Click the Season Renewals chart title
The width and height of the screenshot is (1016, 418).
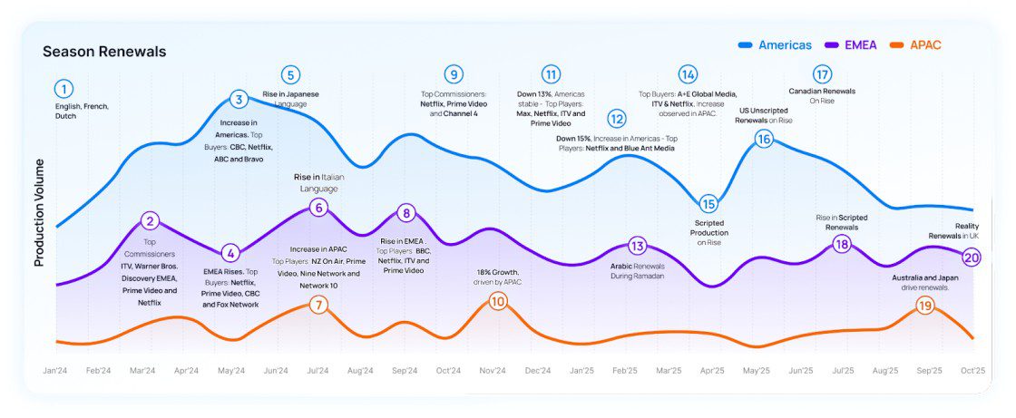(104, 52)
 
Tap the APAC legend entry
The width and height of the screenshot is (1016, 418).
(924, 44)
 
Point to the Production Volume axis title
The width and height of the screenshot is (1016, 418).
(39, 214)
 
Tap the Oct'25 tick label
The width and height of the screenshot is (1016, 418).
(972, 370)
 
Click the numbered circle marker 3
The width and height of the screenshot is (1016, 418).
(239, 100)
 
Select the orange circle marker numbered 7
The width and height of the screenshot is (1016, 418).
(317, 305)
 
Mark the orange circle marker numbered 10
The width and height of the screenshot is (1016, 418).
(497, 301)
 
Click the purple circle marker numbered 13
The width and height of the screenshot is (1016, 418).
(637, 246)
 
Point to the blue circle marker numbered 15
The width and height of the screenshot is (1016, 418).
(708, 204)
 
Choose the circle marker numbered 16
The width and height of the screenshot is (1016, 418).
(764, 139)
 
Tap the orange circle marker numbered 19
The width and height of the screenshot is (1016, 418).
(924, 306)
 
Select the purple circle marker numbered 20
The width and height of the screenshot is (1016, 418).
(972, 258)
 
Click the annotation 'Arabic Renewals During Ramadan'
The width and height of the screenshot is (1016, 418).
(638, 270)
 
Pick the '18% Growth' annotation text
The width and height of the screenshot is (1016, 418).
(499, 277)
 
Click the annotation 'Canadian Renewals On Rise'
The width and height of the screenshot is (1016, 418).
(822, 95)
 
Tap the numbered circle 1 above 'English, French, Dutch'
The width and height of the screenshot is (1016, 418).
(63, 89)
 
